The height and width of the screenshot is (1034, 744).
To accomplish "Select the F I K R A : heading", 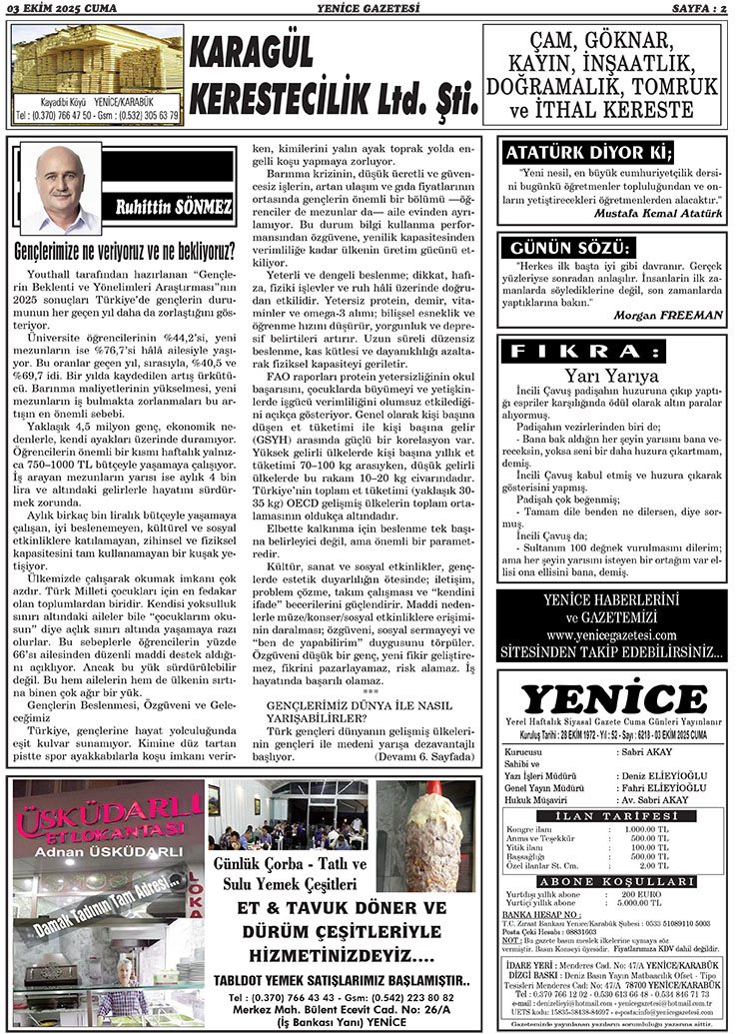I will (x=588, y=352).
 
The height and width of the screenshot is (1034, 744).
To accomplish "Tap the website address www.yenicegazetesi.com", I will (x=611, y=635).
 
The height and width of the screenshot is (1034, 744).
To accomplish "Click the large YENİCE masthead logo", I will (x=613, y=697).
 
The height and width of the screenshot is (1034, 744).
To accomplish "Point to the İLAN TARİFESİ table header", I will (x=612, y=817).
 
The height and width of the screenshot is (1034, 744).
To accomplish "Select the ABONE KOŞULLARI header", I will (x=611, y=881).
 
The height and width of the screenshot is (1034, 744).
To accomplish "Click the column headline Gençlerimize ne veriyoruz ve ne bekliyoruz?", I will (x=126, y=249).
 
